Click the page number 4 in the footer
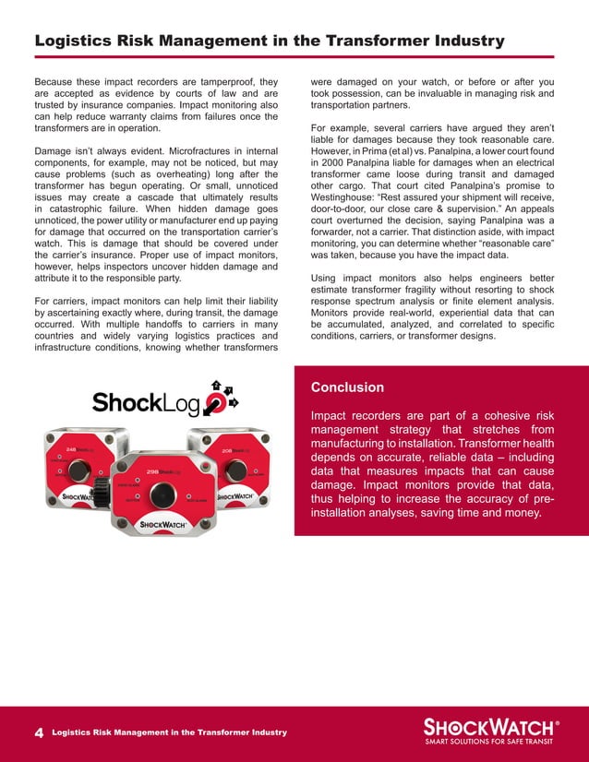(x=39, y=732)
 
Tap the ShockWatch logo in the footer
(x=489, y=724)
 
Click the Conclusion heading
(x=347, y=387)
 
